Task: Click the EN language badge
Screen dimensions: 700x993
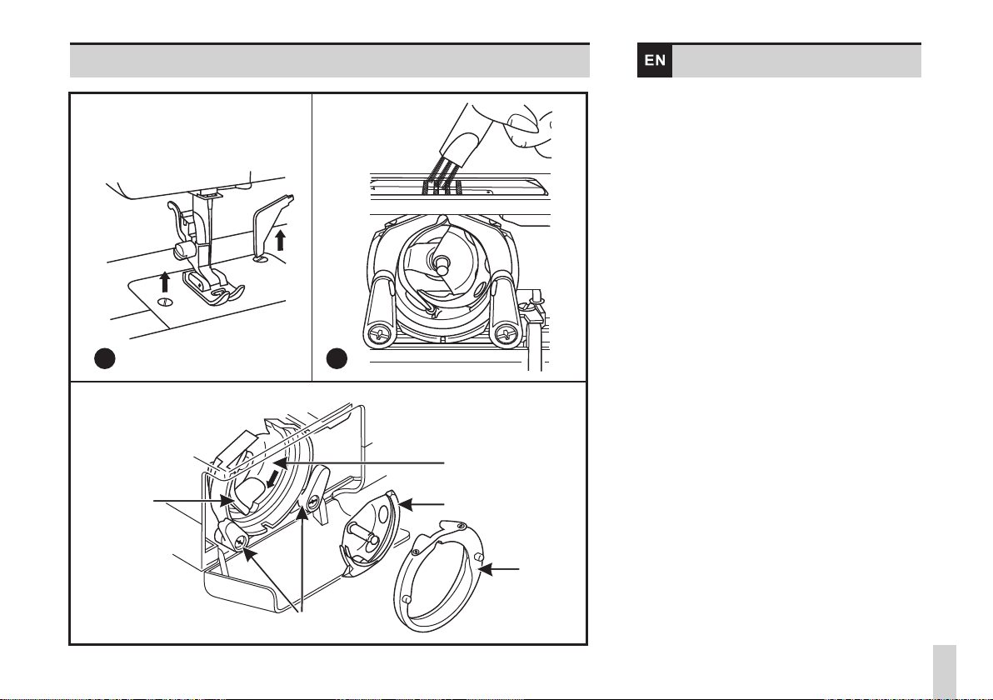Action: [x=655, y=61]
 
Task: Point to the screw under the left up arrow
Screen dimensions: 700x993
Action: [x=165, y=301]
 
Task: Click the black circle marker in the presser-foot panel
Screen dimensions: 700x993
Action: [x=103, y=359]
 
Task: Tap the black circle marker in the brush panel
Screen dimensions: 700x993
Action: [x=337, y=359]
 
